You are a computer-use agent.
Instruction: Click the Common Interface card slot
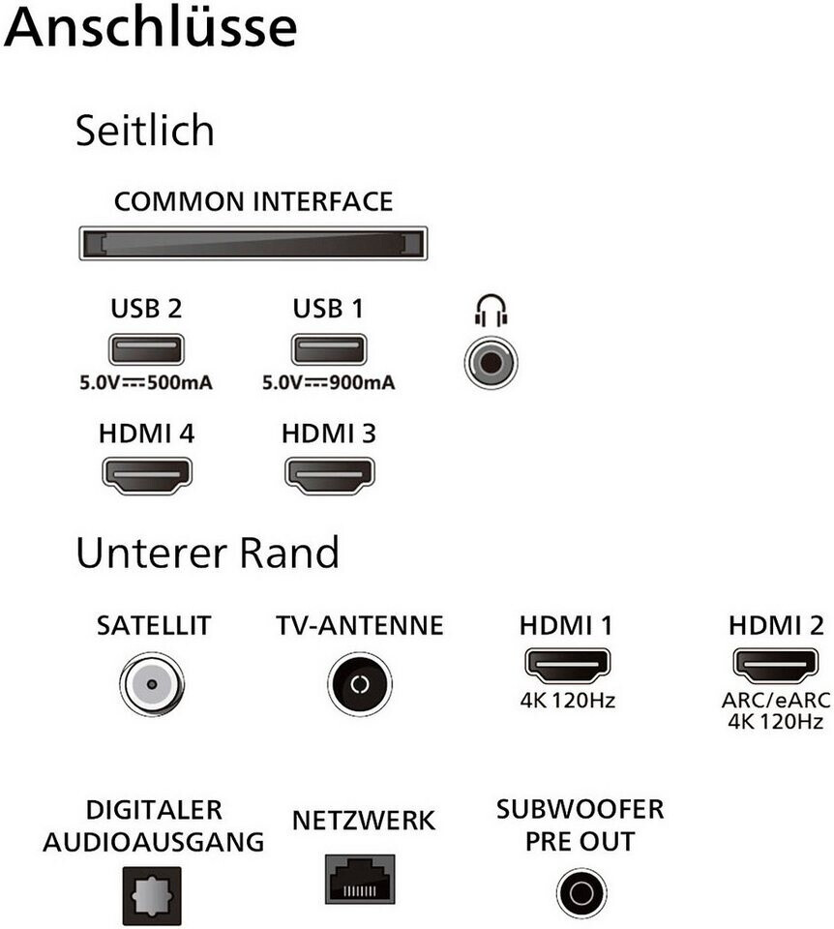point(253,243)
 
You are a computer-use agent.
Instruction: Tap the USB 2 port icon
point(146,349)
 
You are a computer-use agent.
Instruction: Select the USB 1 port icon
point(329,349)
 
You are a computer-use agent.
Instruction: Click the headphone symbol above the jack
point(491,310)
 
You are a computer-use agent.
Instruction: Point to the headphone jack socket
point(491,362)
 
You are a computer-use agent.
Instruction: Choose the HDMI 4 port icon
point(147,475)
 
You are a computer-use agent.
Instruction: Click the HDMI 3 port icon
point(329,475)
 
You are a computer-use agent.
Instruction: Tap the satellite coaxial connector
point(152,684)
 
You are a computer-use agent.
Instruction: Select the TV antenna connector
point(360,684)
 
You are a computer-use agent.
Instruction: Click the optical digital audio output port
point(152,895)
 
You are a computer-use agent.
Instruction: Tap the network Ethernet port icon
point(360,879)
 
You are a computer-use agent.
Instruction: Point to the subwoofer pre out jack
point(581,893)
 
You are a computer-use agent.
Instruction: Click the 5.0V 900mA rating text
point(329,383)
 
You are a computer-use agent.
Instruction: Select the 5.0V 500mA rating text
point(146,383)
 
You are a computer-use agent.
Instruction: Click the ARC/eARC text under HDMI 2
point(776,701)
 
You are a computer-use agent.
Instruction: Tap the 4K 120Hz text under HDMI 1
point(568,701)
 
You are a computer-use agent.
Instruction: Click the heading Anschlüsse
point(151,27)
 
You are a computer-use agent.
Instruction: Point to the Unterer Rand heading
point(208,553)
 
